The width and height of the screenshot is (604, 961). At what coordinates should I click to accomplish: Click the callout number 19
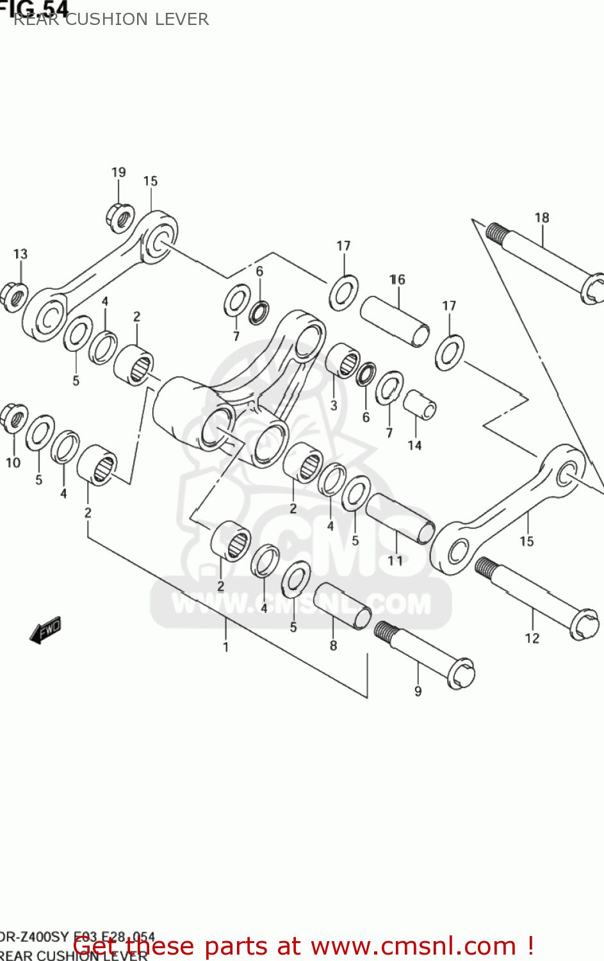coord(118,172)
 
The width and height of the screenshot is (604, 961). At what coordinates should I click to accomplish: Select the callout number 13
coord(20,254)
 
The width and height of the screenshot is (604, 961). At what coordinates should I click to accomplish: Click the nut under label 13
coord(15,297)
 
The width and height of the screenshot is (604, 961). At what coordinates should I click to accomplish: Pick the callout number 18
coord(542,218)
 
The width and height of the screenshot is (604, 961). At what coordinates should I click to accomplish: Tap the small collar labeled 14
coord(420,406)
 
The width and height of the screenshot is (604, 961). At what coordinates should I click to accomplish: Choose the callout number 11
coord(395,561)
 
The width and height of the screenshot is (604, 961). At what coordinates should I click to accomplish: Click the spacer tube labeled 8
coord(342,605)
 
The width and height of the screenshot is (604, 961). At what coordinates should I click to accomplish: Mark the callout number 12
coord(532,638)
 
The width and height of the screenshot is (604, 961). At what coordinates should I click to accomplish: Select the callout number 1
coord(225,647)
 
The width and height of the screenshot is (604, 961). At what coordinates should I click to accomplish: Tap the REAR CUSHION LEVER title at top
coord(111,19)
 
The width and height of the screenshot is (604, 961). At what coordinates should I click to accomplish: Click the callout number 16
coord(397,280)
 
